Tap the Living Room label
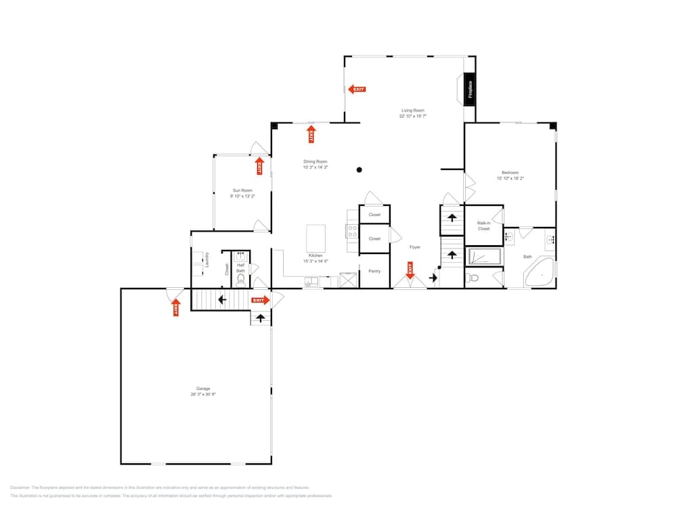(x=412, y=110)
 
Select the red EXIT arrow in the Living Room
(x=357, y=89)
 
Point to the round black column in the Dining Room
(x=359, y=169)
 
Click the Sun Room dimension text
(x=242, y=196)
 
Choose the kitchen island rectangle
(x=316, y=238)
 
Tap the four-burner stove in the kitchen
(x=352, y=232)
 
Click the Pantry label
(x=374, y=272)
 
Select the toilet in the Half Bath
(x=240, y=278)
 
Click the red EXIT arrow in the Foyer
(x=410, y=271)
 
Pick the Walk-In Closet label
(x=483, y=226)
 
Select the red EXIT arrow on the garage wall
(x=176, y=308)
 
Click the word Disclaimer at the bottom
(x=21, y=488)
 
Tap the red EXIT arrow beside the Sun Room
(x=259, y=166)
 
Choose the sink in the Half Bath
(x=240, y=255)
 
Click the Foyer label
(x=414, y=247)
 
